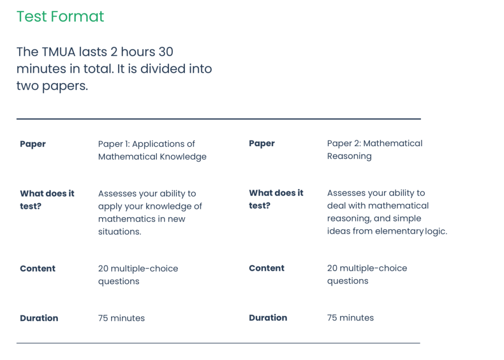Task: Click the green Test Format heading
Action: coord(60,16)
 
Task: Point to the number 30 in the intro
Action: coord(166,52)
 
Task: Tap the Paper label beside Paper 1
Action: coord(33,144)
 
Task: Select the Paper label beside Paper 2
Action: coord(262,143)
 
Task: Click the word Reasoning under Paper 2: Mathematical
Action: coord(349,156)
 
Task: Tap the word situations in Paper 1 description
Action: coord(119,232)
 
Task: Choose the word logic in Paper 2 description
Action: coord(436,231)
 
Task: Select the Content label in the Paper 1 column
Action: coord(38,268)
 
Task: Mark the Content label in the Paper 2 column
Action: coord(266,268)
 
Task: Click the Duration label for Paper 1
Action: coord(39,318)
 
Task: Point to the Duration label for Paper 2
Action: coord(268,318)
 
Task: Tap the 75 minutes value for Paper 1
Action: coord(121,318)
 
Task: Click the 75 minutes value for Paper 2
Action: coord(350,318)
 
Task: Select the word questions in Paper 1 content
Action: coord(119,282)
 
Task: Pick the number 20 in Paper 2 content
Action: coord(332,268)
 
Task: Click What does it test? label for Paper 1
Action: coord(47,200)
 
